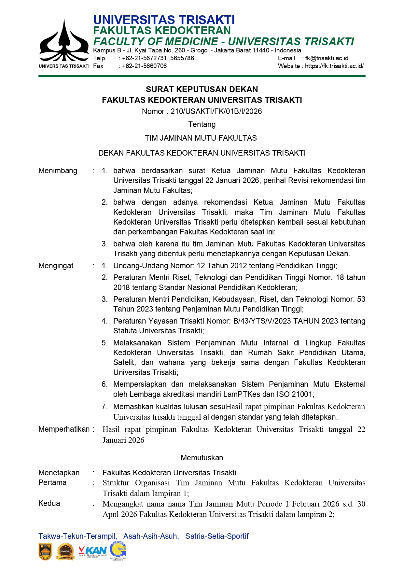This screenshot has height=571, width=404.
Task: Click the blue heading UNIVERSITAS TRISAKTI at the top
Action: click(164, 20)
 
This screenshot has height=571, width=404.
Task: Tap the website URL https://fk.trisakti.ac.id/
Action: click(334, 66)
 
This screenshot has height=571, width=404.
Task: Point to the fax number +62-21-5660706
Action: click(144, 66)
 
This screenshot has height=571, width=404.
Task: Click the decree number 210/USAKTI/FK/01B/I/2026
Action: click(216, 111)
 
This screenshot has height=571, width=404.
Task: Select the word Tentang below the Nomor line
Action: click(202, 124)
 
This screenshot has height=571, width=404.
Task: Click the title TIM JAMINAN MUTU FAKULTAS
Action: click(201, 138)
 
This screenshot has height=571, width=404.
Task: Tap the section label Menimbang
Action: click(58, 171)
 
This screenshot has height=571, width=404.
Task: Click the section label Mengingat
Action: click(56, 266)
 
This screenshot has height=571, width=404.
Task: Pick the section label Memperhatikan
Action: click(64, 429)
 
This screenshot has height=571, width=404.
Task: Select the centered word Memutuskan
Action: click(202, 458)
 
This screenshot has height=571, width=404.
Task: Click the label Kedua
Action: click(49, 504)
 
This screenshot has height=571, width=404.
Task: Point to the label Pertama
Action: click(52, 483)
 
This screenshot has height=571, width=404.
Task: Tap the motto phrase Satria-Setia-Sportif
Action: click(217, 536)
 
